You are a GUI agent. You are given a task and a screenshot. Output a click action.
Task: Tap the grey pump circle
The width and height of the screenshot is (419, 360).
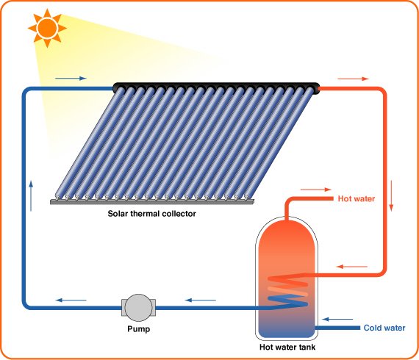pos(137,305)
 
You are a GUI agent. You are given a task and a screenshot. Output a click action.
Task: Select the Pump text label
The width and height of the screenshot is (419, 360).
pos(137,329)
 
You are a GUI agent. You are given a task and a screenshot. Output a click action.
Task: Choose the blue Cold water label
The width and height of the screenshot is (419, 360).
pos(384,328)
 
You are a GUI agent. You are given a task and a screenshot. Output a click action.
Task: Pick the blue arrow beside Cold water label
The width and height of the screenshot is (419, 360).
pos(340,320)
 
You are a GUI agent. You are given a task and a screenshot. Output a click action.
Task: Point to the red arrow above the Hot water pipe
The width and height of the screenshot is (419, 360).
pos(317,190)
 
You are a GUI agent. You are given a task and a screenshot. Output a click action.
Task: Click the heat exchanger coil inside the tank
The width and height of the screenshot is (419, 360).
pos(288,289)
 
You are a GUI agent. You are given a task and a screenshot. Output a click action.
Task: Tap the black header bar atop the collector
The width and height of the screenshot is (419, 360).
pos(217,87)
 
